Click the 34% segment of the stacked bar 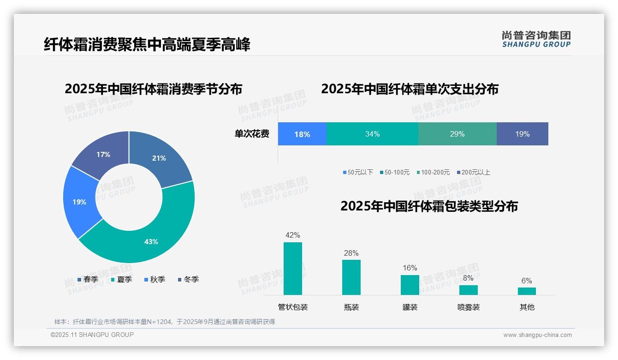point(372,134)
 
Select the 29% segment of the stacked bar point(457,134)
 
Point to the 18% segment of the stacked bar point(302,134)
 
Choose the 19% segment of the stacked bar point(522,134)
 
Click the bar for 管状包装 point(292,269)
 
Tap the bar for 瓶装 point(351,277)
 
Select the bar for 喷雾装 point(468,290)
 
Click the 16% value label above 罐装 point(410,268)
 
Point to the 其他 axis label point(527,307)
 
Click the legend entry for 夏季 point(121,279)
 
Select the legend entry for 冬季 point(188,279)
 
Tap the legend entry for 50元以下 point(358,172)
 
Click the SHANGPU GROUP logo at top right point(536,39)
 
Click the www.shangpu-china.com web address point(537,335)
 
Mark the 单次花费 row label point(252,134)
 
